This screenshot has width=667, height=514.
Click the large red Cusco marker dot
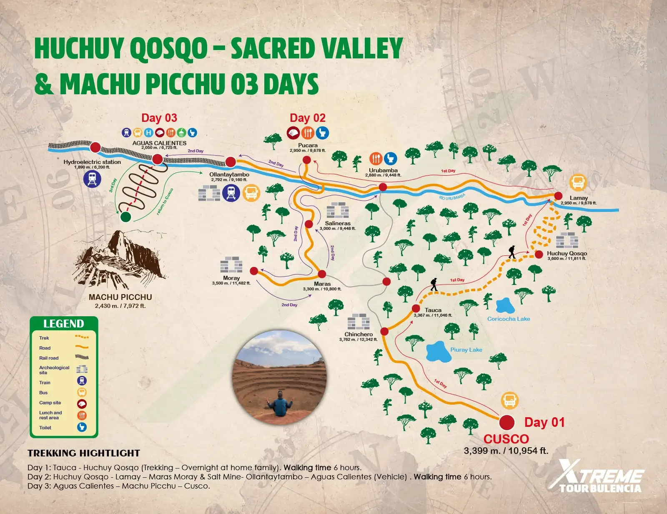pos(507,422)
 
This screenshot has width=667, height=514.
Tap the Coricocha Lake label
pos(509,319)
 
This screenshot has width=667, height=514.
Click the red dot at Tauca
pos(416,308)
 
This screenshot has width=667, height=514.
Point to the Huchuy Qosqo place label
pos(567,253)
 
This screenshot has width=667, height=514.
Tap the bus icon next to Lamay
pos(578,182)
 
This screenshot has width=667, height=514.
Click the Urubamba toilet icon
pos(390,159)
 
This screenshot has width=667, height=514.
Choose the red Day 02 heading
pos(308,118)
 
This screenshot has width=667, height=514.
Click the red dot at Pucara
pos(307,160)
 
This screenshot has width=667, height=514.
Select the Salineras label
pos(338,223)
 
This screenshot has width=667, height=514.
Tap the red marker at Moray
pos(254,271)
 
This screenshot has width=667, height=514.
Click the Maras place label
pos(322,284)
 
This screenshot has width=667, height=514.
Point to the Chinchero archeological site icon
pos(359,321)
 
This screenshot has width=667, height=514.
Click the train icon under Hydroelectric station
pos(92,179)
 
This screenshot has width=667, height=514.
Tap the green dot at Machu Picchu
pos(125,217)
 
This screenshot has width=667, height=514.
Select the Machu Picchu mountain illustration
pos(119,261)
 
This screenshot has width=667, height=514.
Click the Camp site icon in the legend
pos(82,403)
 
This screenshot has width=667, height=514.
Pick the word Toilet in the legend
pos(45,428)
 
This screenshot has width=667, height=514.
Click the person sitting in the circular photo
pos(280,403)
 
